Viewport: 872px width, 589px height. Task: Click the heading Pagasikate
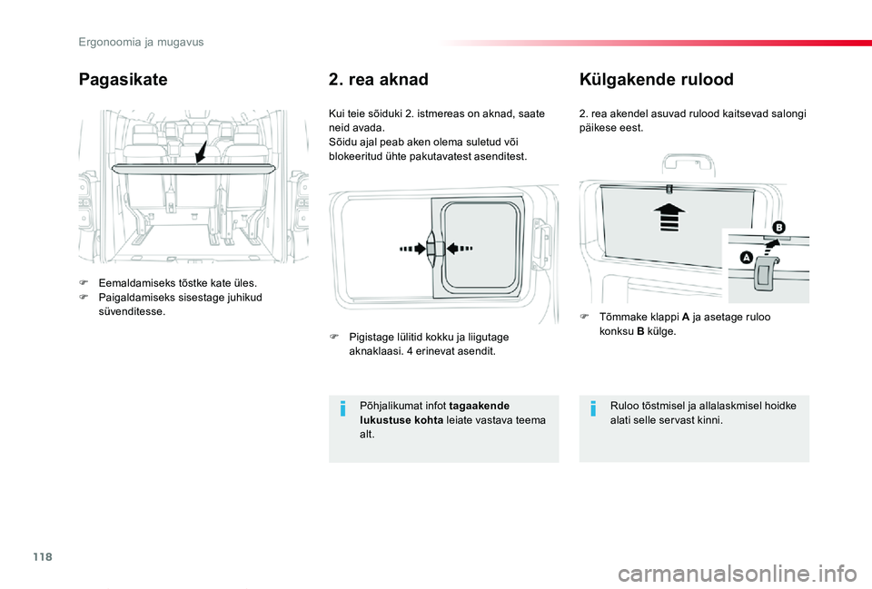[x=124, y=80]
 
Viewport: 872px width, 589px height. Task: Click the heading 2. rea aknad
[x=377, y=80]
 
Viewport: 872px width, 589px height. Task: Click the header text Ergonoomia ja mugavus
[x=141, y=42]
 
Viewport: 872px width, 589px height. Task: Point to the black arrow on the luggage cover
[x=201, y=150]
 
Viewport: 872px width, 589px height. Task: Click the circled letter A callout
[x=746, y=258]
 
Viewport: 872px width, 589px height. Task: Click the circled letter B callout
[x=778, y=225]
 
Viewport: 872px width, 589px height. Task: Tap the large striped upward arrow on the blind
[x=669, y=219]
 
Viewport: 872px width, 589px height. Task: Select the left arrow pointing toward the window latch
[x=413, y=248]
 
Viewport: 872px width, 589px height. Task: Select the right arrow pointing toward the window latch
[x=462, y=248]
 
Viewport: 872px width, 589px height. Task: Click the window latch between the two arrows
[x=437, y=249]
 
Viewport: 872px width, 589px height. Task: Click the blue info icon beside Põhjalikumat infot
[x=342, y=410]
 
